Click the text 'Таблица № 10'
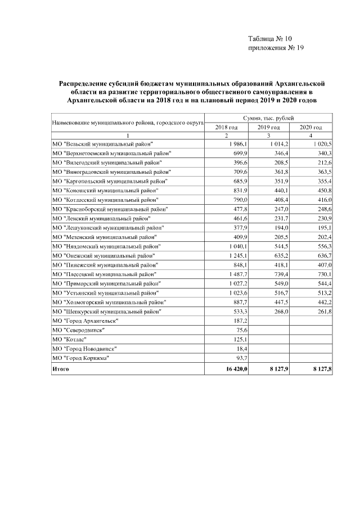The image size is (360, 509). (270, 39)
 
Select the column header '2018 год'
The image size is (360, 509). (227, 127)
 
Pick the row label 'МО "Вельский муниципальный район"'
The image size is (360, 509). (102, 145)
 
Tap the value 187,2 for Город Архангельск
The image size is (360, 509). (241, 321)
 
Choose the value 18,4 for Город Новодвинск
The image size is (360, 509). (243, 348)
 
